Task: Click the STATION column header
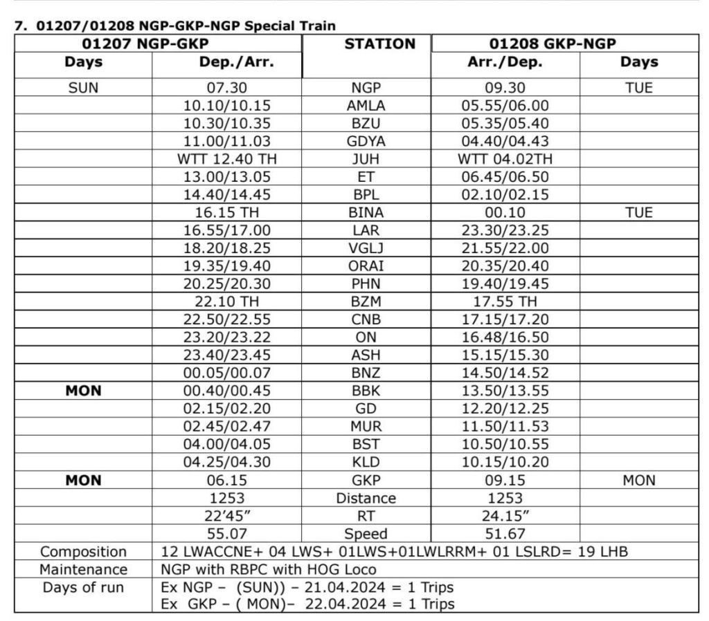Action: pyautogui.click(x=379, y=44)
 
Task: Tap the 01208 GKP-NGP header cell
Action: pyautogui.click(x=553, y=44)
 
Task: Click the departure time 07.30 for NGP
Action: pyautogui.click(x=226, y=89)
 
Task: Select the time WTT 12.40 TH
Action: pyautogui.click(x=226, y=159)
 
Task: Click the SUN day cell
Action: pyautogui.click(x=83, y=89)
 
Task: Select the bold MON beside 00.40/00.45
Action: pyautogui.click(x=83, y=391)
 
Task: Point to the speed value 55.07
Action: pyautogui.click(x=226, y=533)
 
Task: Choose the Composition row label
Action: pyautogui.click(x=83, y=551)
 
